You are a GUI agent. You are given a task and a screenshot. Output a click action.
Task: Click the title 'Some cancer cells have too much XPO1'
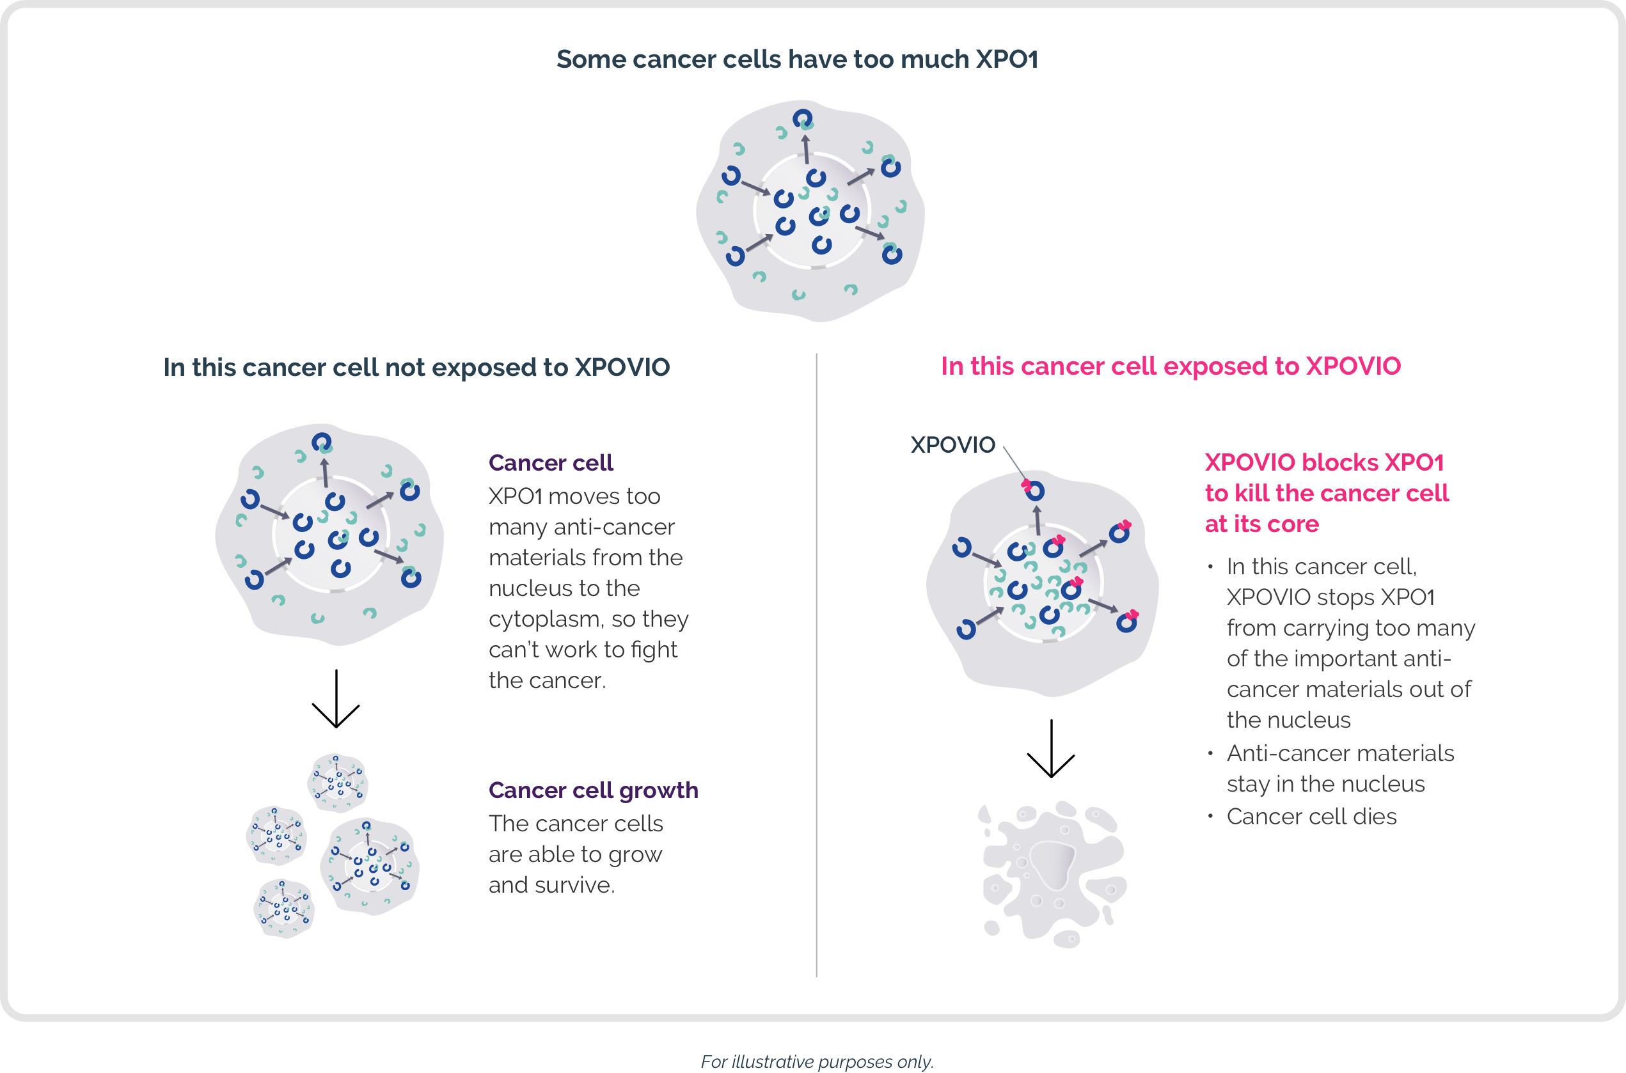[x=797, y=59]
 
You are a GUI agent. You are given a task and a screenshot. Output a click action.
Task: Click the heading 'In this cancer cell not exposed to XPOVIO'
[x=416, y=368]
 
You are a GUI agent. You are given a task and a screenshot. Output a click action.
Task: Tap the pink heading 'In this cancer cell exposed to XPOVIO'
[x=1171, y=366]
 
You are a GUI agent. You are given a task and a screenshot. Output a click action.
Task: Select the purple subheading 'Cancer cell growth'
[x=594, y=790]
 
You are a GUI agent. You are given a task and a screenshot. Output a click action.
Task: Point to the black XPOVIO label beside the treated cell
[x=952, y=445]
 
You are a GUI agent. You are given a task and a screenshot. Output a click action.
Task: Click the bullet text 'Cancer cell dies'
[x=1311, y=817]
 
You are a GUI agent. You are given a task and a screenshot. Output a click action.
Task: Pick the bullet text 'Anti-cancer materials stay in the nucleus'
[x=1340, y=768]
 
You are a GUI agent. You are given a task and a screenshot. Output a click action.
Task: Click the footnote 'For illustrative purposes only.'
[x=817, y=1061]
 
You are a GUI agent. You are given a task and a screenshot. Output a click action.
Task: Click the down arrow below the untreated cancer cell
[x=335, y=699]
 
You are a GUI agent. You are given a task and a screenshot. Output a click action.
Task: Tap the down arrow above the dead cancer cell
[x=1051, y=749]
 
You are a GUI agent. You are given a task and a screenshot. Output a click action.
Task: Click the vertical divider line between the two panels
[x=816, y=665]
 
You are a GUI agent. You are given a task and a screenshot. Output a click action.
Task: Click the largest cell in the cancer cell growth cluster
[x=370, y=867]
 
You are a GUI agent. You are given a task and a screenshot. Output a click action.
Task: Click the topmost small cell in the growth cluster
[x=337, y=783]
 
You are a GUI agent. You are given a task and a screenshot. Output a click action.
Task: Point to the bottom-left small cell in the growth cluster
[x=284, y=909]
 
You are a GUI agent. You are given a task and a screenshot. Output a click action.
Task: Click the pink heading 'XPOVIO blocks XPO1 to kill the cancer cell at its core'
[x=1326, y=493]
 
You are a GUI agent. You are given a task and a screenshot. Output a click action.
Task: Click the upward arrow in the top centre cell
[x=806, y=149]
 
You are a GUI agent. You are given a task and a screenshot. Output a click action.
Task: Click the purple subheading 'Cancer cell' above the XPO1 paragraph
[x=551, y=462]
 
